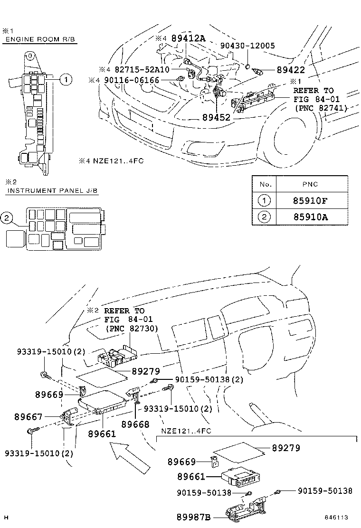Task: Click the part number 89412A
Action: [x=188, y=38]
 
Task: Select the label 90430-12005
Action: [x=247, y=46]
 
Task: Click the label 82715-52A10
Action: [x=142, y=69]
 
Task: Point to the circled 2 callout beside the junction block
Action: [x=6, y=218]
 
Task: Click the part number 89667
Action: [x=28, y=416]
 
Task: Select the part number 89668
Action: [x=135, y=424]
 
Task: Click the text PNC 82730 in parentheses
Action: [x=132, y=328]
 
